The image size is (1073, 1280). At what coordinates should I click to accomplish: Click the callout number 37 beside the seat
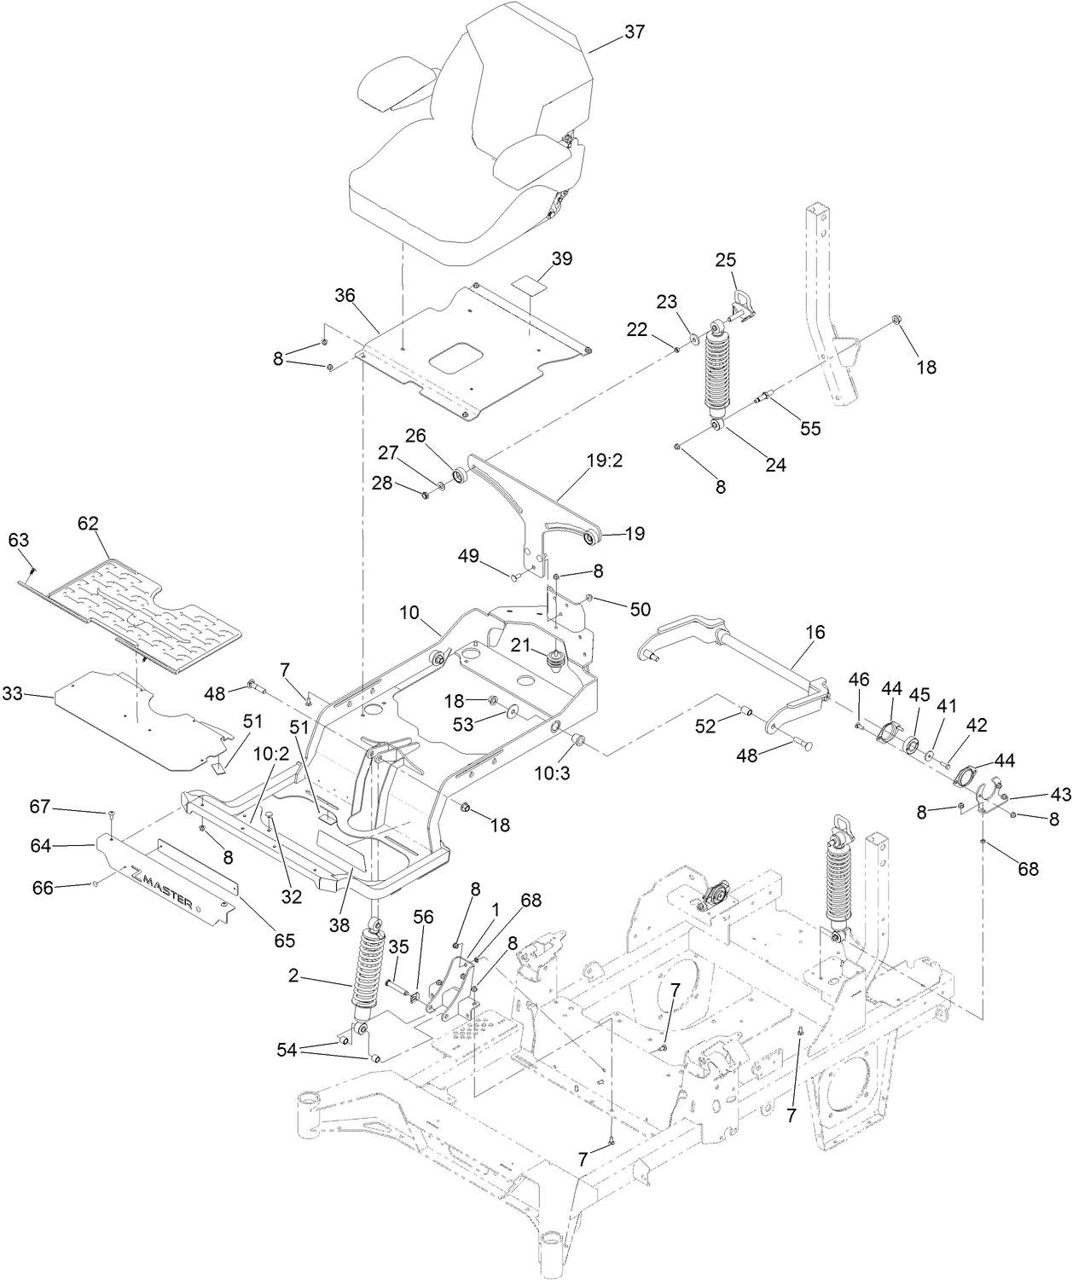635,32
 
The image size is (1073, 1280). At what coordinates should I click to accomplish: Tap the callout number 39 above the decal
562,258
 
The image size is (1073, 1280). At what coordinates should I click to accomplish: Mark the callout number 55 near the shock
809,428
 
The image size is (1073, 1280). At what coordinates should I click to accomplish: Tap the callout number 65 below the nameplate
284,941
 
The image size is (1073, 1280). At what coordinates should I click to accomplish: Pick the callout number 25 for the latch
725,260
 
